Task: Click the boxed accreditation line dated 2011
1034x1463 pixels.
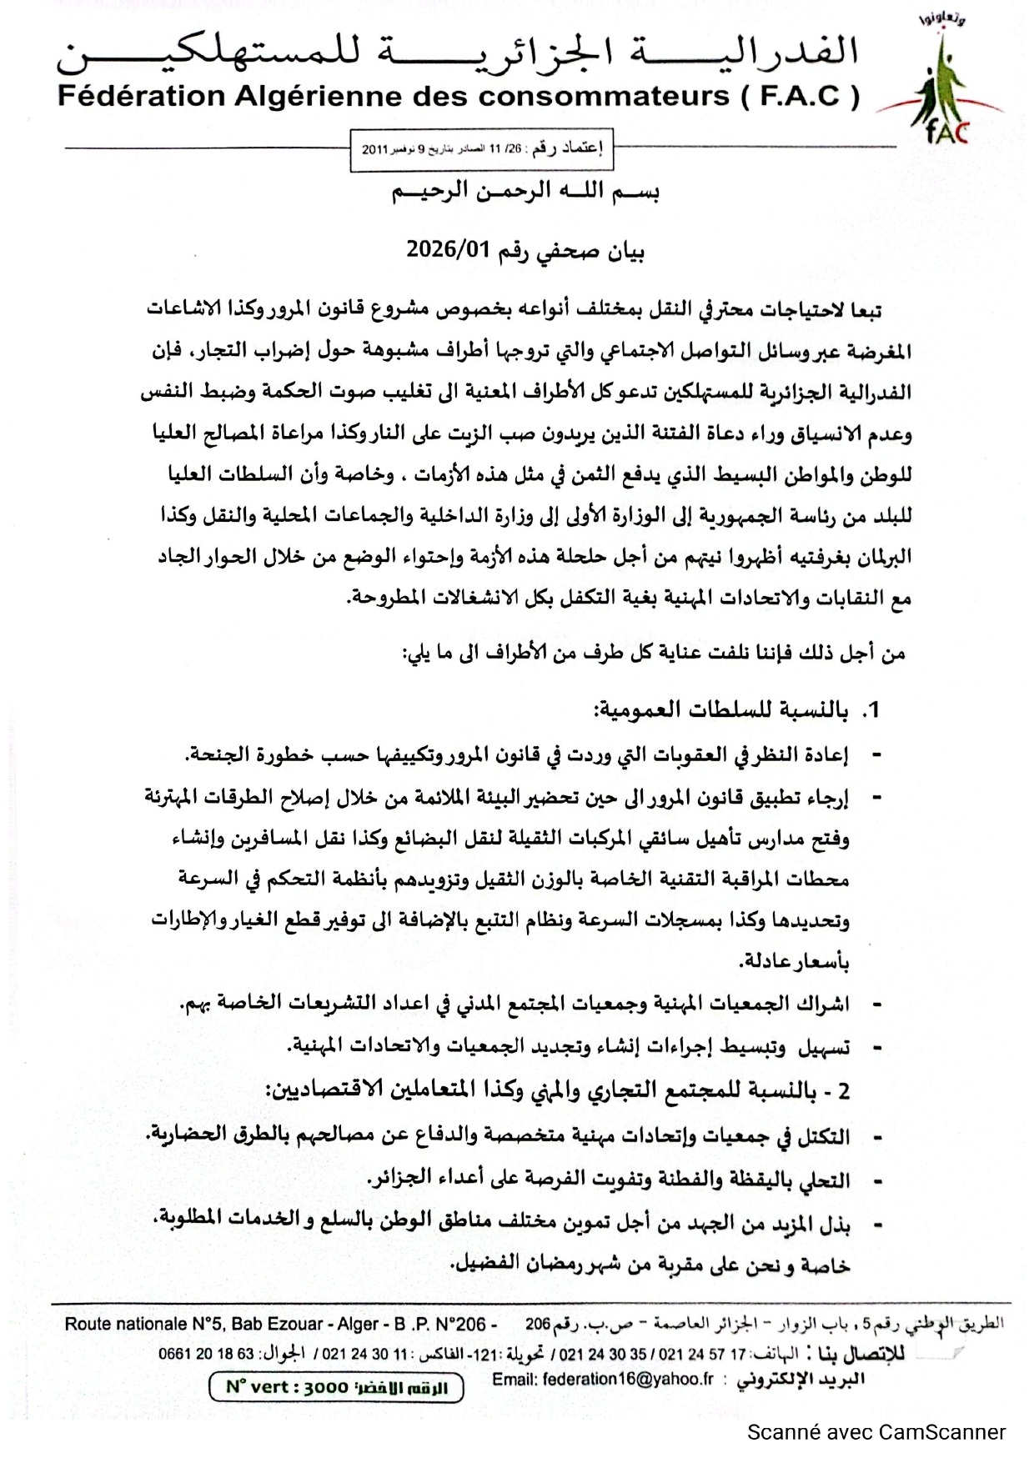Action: click(481, 150)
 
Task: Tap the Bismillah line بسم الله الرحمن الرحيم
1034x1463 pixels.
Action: click(526, 193)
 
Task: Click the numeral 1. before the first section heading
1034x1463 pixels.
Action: click(870, 710)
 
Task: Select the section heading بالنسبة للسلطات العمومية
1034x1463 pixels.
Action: click(720, 710)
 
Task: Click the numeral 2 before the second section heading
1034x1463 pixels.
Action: click(844, 1091)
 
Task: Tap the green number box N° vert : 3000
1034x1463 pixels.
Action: click(336, 1387)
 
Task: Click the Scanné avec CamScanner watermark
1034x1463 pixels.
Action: click(876, 1432)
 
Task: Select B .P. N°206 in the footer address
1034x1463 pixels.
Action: click(440, 1324)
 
